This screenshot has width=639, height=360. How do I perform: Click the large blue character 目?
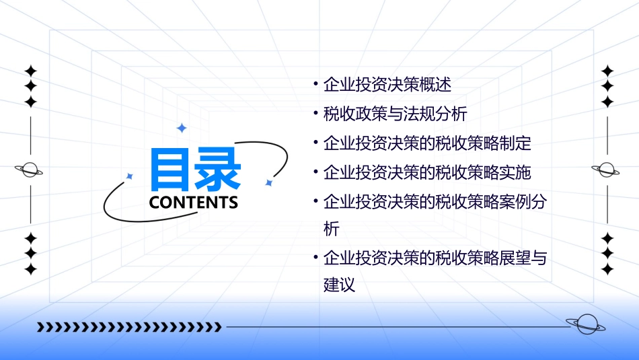tap(172, 170)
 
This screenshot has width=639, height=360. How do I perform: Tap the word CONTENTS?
tap(194, 203)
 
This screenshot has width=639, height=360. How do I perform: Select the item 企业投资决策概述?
tap(387, 85)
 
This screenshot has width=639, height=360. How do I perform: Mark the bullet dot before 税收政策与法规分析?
tap(315, 114)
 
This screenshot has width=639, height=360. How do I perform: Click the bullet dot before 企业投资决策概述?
tap(315, 85)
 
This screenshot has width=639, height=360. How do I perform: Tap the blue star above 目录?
tap(181, 128)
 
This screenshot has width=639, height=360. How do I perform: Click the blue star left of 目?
tap(130, 176)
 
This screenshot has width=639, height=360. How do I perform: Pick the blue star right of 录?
tap(268, 182)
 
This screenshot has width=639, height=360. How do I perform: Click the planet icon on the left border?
tap(29, 170)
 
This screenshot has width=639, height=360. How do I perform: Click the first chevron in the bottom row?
tap(40, 327)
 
